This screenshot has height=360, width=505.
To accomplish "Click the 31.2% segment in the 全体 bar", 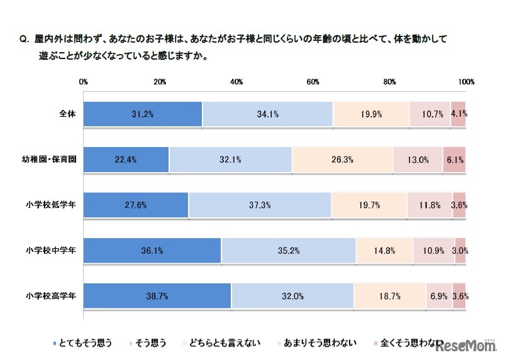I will point(143,114).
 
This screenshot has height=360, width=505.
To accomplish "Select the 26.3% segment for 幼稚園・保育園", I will point(342,160).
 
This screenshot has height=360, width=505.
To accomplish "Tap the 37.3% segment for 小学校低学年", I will point(260,205).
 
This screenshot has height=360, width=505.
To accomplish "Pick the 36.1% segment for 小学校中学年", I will point(152,250).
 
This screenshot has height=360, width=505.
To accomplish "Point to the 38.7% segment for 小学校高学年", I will point(157,295).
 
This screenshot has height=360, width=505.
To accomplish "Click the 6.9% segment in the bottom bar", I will point(439,295).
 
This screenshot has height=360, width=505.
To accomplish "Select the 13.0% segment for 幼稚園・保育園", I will point(418,160).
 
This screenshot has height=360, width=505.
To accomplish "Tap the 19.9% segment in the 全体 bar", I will point(371,114).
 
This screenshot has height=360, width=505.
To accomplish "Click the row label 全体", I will point(67,114).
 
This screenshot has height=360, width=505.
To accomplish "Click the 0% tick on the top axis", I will point(83,82).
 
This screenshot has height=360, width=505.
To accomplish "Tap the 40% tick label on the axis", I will point(236,82).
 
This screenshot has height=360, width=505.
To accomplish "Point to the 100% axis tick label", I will point(466,82).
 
